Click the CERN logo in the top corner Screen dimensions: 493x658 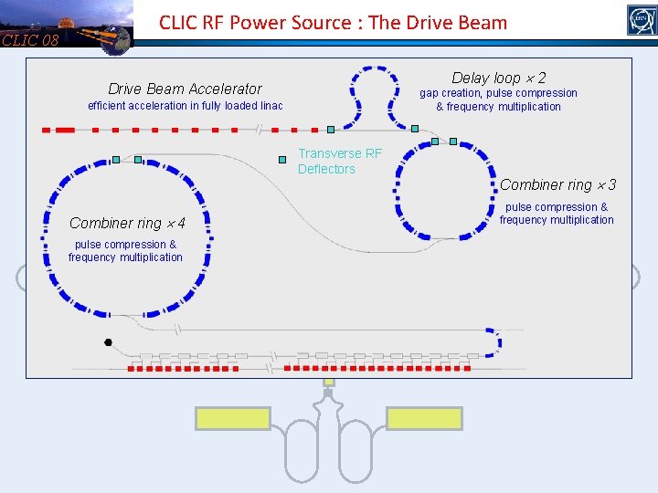click(x=642, y=20)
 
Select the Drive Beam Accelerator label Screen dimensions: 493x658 click(x=185, y=89)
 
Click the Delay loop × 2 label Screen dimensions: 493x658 click(x=499, y=79)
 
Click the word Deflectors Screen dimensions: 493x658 click(x=326, y=169)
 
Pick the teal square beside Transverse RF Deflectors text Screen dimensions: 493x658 click(x=282, y=159)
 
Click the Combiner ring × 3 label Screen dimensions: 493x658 click(x=557, y=185)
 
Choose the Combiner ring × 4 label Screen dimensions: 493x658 click(x=127, y=224)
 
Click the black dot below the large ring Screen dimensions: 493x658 click(x=108, y=343)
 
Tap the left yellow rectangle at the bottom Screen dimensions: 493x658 click(x=233, y=418)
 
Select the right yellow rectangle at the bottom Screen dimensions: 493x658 click(x=424, y=418)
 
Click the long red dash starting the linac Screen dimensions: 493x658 click(x=65, y=131)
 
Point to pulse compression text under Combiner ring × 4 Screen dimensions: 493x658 click(x=125, y=245)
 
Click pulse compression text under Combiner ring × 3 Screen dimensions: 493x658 click(x=557, y=207)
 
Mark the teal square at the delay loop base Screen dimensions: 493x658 click(x=414, y=129)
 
